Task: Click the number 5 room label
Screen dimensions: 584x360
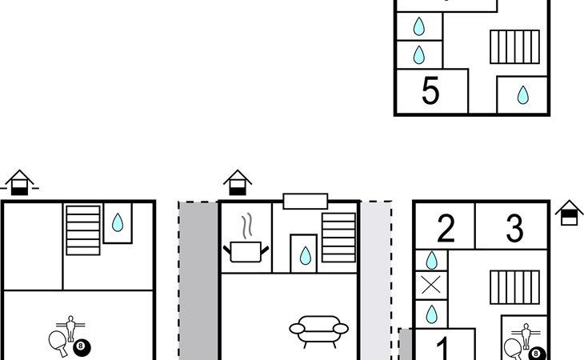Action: (x=430, y=90)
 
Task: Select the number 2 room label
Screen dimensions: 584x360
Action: (x=446, y=228)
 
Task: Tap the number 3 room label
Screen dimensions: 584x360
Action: (x=514, y=228)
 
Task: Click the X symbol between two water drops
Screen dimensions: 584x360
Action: (x=431, y=286)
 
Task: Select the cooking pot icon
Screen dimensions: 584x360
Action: (x=246, y=252)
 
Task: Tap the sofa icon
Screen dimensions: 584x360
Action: (x=319, y=331)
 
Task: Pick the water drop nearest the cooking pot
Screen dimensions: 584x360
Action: (x=305, y=255)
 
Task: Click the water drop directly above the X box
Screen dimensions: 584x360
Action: (x=431, y=260)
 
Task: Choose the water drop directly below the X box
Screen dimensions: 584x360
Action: (x=431, y=314)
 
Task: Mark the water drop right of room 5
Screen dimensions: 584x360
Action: (x=522, y=95)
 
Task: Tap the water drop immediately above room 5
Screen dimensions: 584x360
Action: (x=419, y=54)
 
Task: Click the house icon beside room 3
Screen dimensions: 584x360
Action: (x=569, y=214)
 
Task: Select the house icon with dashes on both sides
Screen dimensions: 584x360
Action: (x=19, y=182)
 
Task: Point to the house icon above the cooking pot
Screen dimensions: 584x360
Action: (x=238, y=182)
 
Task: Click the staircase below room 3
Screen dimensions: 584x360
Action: (x=514, y=287)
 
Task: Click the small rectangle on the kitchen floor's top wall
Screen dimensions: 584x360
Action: (x=306, y=201)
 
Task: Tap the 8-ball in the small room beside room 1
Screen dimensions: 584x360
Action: (x=536, y=354)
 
